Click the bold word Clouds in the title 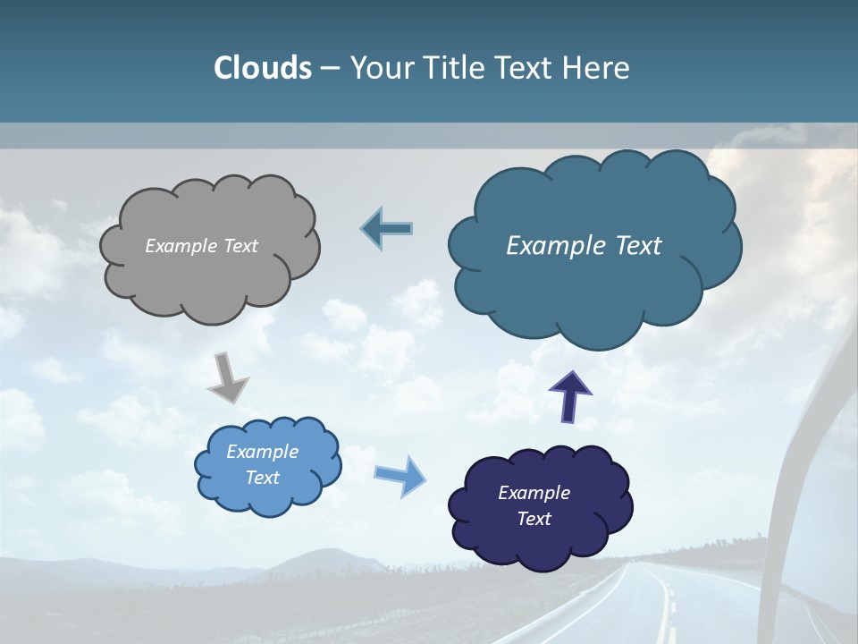tap(262, 68)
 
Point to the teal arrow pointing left tap(386, 229)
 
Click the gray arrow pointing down tap(227, 378)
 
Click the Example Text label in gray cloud tap(201, 245)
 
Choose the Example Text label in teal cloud tap(584, 245)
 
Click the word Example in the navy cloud tap(534, 493)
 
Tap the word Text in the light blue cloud tap(262, 478)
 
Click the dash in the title tap(329, 68)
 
